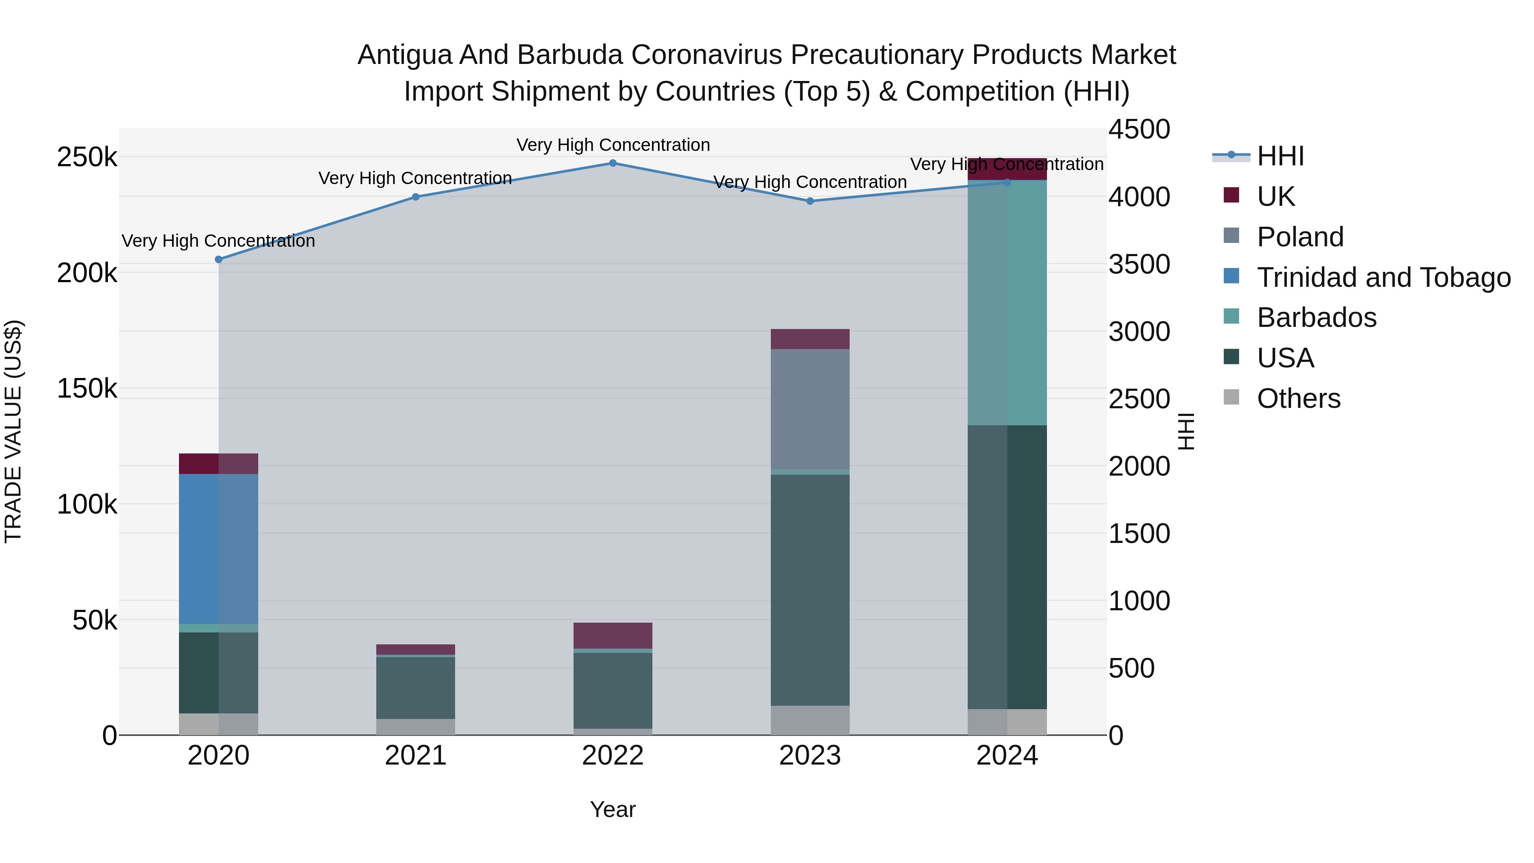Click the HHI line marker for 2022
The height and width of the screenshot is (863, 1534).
click(x=613, y=163)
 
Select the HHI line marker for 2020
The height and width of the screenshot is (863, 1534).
click(x=219, y=260)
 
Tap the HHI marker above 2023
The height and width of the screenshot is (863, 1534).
click(x=810, y=201)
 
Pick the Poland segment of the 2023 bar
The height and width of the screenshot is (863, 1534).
click(x=810, y=409)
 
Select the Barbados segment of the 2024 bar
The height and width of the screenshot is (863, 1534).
click(x=1007, y=303)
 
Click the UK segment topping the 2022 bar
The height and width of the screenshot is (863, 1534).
click(x=613, y=635)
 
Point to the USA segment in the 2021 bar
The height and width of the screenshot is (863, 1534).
click(x=415, y=687)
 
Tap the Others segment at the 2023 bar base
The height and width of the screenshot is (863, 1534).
click(x=810, y=720)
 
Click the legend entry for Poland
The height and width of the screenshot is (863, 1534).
click(x=1300, y=237)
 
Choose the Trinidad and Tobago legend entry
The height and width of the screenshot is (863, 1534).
click(x=1383, y=277)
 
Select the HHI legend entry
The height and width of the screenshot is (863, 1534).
click(x=1280, y=156)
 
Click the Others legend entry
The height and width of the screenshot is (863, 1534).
click(x=1298, y=398)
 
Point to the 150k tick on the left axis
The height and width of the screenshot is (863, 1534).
click(x=87, y=389)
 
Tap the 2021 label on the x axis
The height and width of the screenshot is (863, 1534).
click(x=415, y=756)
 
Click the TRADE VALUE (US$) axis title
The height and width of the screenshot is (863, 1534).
click(x=13, y=431)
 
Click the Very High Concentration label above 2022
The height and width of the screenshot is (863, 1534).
click(x=613, y=145)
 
